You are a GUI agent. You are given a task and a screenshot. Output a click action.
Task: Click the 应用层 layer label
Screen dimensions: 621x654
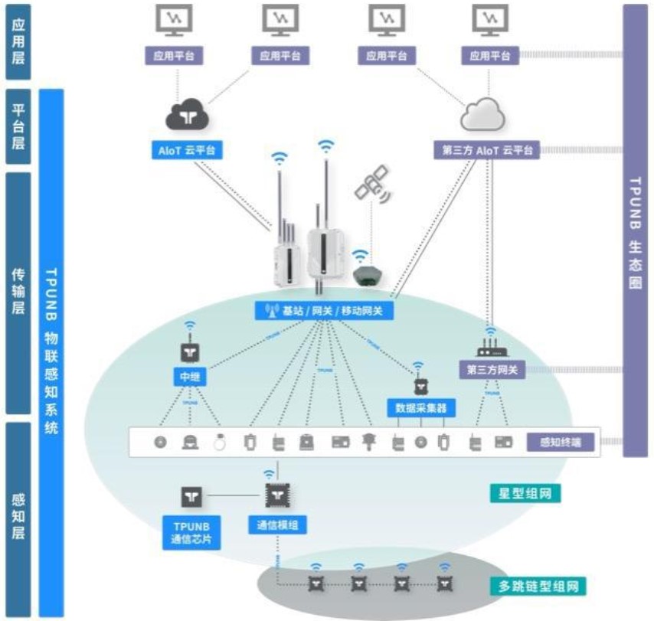pyautogui.click(x=18, y=42)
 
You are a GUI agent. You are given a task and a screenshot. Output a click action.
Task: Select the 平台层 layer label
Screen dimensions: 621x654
pyautogui.click(x=18, y=126)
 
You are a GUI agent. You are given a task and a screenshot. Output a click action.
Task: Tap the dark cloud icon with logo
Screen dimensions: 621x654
pyautogui.click(x=188, y=116)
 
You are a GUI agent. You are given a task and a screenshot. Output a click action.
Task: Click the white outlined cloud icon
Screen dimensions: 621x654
pyautogui.click(x=482, y=115)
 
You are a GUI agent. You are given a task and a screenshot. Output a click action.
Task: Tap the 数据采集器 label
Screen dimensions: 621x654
pyautogui.click(x=420, y=407)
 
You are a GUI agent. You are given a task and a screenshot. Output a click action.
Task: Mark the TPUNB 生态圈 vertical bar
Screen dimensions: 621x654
pyautogui.click(x=635, y=230)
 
